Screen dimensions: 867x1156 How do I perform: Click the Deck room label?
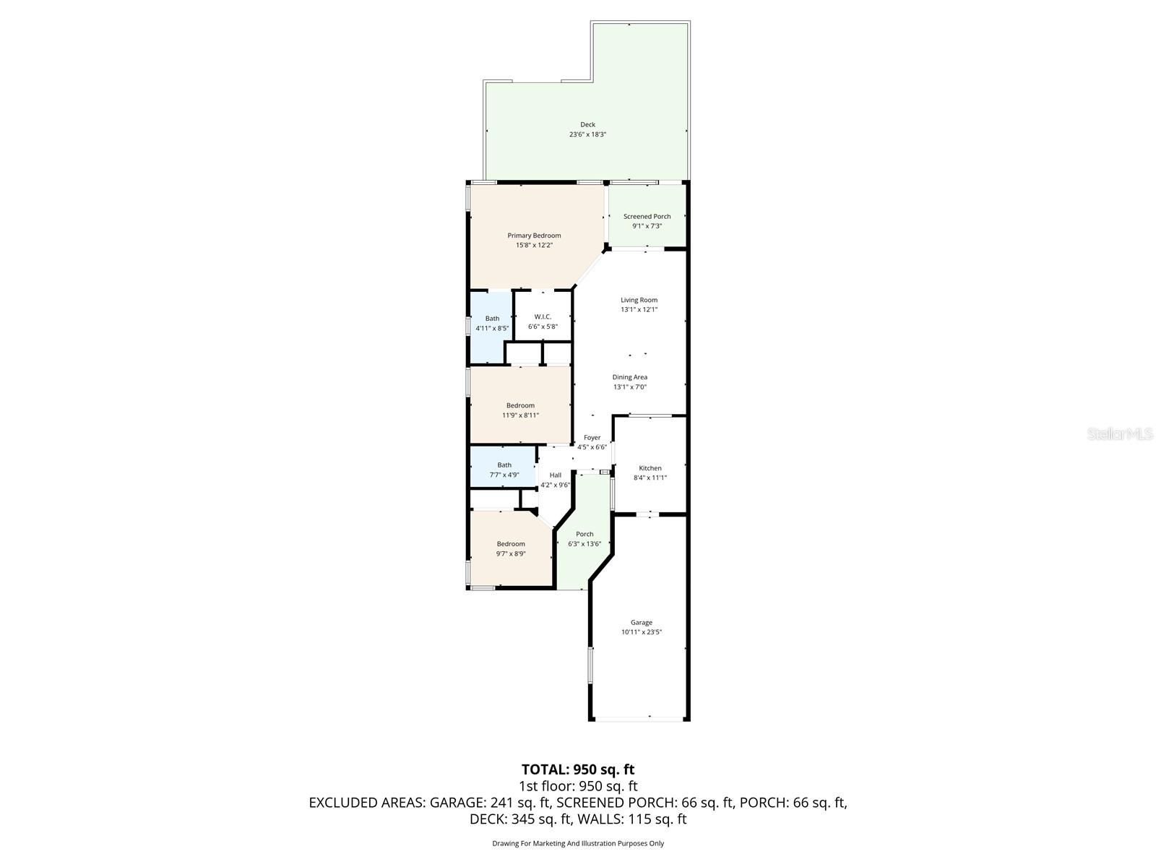(587, 124)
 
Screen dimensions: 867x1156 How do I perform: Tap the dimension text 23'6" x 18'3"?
(587, 134)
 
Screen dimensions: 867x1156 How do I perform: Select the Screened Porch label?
(647, 216)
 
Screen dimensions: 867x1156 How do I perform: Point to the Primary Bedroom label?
(534, 236)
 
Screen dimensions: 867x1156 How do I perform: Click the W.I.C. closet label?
(543, 316)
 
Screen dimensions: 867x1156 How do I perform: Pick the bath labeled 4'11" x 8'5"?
(492, 323)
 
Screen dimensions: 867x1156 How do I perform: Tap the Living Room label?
(639, 300)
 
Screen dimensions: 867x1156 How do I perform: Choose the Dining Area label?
(629, 377)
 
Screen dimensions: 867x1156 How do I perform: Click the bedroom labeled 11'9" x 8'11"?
(520, 410)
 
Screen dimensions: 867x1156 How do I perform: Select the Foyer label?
(592, 437)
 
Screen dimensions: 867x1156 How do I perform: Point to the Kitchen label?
(650, 468)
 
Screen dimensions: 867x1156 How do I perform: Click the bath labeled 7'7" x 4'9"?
(504, 470)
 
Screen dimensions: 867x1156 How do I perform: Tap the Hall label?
(555, 475)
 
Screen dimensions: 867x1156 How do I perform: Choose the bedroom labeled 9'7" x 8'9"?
(511, 548)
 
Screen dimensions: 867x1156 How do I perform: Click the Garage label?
(641, 622)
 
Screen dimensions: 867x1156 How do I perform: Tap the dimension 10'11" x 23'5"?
(641, 632)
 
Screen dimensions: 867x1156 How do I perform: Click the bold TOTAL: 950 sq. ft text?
(577, 769)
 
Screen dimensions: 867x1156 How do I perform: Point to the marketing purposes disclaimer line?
(577, 843)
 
